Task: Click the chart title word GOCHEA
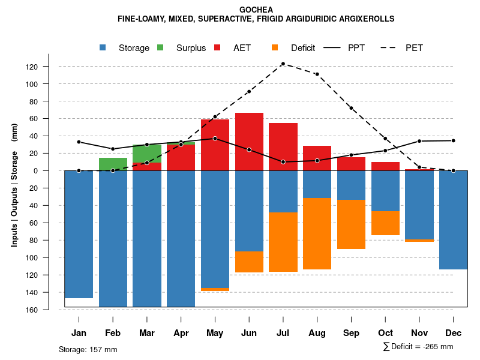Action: pyautogui.click(x=256, y=10)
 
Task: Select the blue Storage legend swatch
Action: pyautogui.click(x=103, y=47)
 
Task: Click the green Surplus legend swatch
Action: pyautogui.click(x=160, y=47)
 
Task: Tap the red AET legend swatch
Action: pyautogui.click(x=217, y=47)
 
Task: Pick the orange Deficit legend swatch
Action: pyautogui.click(x=275, y=47)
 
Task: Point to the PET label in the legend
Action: pyautogui.click(x=414, y=48)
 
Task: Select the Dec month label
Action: pyautogui.click(x=454, y=333)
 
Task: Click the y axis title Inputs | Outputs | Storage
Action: pyautogui.click(x=14, y=185)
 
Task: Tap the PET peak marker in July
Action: pyautogui.click(x=283, y=64)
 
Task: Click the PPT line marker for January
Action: pyautogui.click(x=79, y=142)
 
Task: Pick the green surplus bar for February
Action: pyautogui.click(x=113, y=164)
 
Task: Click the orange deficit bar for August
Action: pyautogui.click(x=317, y=233)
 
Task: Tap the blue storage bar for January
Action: pyautogui.click(x=79, y=234)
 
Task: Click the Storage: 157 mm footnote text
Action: pyautogui.click(x=88, y=349)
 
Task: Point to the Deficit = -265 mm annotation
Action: pyautogui.click(x=418, y=347)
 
